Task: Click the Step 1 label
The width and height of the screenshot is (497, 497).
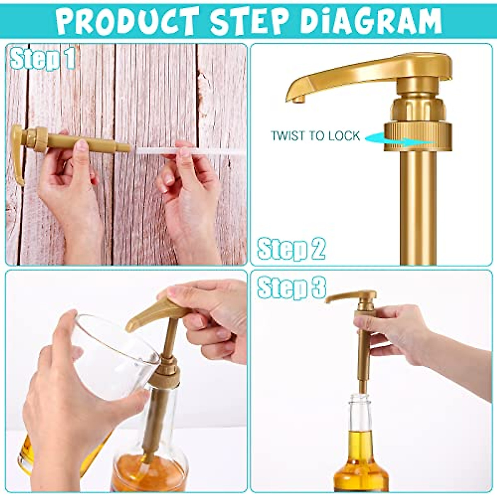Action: pyautogui.click(x=43, y=59)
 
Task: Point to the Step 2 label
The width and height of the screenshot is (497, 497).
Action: pyautogui.click(x=291, y=249)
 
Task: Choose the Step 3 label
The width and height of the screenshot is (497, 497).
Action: pyautogui.click(x=291, y=287)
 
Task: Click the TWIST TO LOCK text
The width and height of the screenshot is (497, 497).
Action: pyautogui.click(x=315, y=136)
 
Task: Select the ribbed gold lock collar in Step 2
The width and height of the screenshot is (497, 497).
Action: pyautogui.click(x=417, y=136)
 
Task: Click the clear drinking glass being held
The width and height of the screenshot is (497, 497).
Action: pyautogui.click(x=112, y=356)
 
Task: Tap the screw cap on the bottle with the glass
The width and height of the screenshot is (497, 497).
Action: pyautogui.click(x=164, y=375)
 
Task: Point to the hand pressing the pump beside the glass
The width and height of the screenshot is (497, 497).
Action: pyautogui.click(x=215, y=315)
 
